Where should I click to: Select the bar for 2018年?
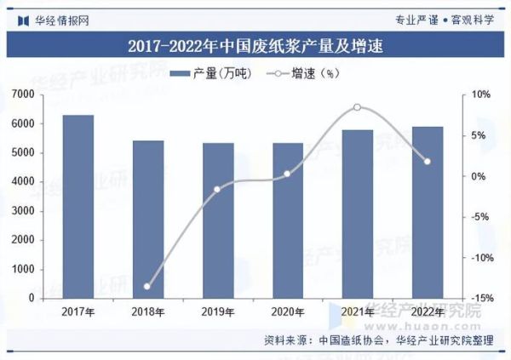147,220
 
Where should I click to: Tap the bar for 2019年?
217,220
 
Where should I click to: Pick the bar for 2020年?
287,220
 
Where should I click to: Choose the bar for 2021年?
357,214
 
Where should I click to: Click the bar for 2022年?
427,213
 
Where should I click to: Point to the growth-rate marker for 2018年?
147,286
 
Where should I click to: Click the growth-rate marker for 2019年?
217,189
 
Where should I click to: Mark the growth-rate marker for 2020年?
287,174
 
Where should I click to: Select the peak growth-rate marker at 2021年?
357,107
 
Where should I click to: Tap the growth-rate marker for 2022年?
427,162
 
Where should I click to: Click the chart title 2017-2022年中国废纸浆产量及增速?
255,46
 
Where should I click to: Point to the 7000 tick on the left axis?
23,94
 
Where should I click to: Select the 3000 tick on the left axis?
23,211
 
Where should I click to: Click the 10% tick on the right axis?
480,94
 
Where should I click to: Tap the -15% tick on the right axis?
480,298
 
